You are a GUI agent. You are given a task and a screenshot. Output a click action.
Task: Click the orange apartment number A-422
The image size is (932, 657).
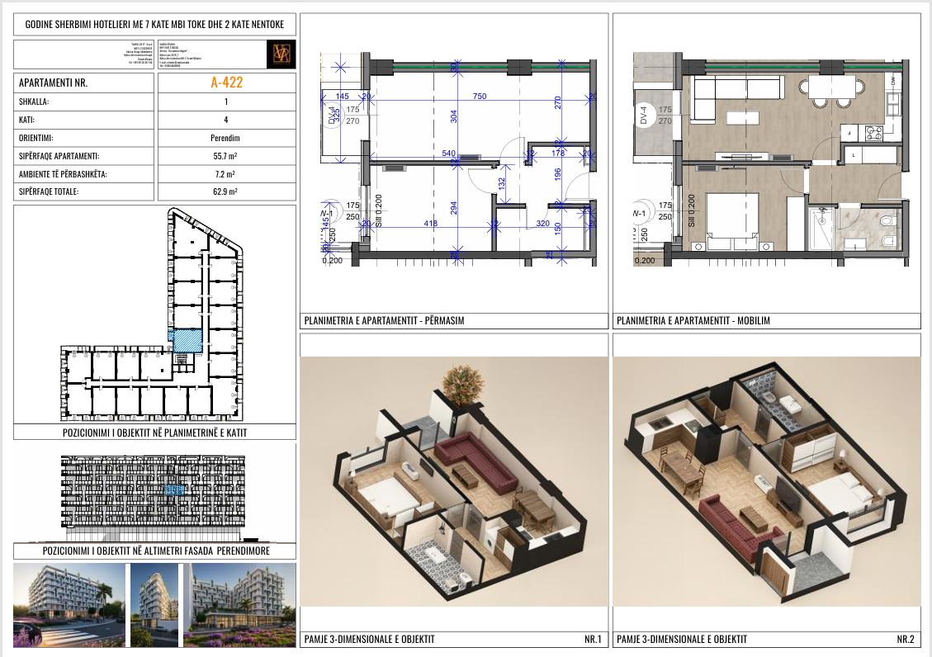(x=225, y=83)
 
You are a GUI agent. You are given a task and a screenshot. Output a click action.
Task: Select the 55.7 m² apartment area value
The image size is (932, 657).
(x=225, y=156)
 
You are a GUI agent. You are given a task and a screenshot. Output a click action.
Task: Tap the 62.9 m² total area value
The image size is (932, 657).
(x=225, y=191)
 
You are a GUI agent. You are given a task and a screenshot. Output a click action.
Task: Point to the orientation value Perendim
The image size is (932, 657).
(x=225, y=138)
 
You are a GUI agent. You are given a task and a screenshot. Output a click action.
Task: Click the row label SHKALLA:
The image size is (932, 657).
(x=34, y=102)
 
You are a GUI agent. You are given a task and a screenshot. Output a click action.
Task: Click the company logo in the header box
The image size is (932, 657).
(x=282, y=54)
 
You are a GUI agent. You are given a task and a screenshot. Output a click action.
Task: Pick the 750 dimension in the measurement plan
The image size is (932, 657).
(x=479, y=97)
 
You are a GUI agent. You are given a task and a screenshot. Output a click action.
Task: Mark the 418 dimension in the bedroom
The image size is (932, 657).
(x=429, y=223)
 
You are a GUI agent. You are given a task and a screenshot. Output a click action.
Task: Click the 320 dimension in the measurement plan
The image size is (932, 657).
(x=542, y=223)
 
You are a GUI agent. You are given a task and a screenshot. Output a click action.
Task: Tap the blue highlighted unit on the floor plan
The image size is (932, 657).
(x=185, y=339)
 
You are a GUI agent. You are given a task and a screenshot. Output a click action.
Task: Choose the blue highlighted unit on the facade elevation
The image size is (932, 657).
(x=174, y=489)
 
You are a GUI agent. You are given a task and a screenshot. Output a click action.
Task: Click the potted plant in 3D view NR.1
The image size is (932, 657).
(x=462, y=384)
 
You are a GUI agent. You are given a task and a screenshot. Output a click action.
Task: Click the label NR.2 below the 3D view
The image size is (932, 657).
(x=905, y=639)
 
